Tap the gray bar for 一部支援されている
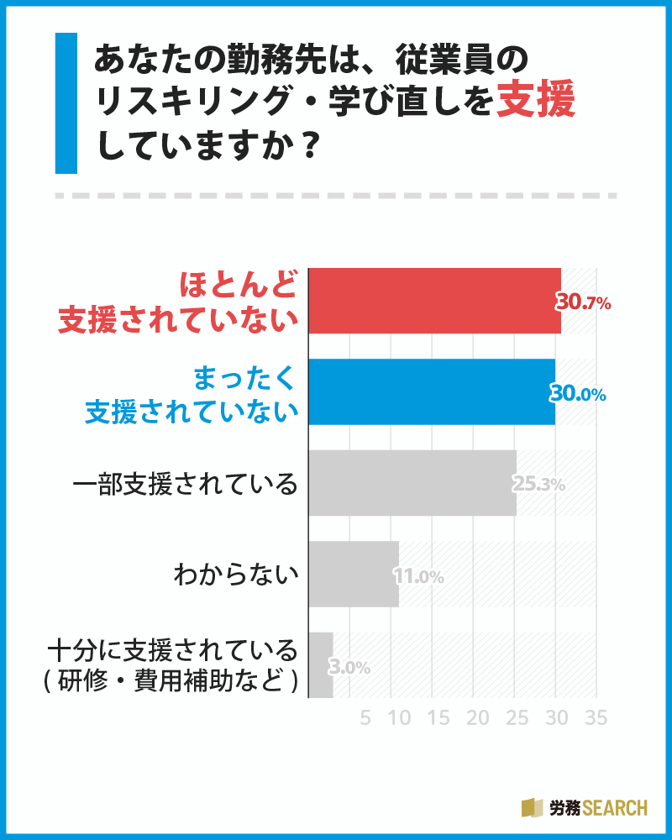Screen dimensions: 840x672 [x=412, y=483]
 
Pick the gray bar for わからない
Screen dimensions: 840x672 [x=354, y=575]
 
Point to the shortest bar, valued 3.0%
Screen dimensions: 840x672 [x=321, y=665]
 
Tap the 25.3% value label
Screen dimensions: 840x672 [x=538, y=485]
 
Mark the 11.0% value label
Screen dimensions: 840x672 [x=417, y=576]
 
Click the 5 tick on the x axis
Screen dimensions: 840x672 [x=365, y=718]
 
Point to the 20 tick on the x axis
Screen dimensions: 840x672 [x=477, y=718]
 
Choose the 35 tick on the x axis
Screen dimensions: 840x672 [x=596, y=718]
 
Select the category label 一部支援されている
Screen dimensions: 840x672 [x=186, y=485]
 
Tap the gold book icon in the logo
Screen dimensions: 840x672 [x=533, y=807]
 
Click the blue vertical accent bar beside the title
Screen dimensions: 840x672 [x=66, y=103]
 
